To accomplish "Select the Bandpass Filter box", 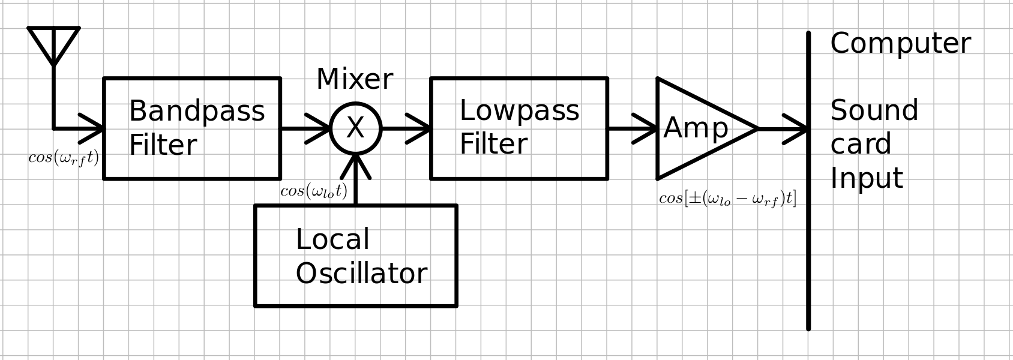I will (192, 128).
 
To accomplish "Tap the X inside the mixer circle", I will (355, 128).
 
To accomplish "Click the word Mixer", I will (354, 79).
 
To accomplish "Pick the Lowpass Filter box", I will (519, 128).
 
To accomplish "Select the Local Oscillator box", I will (356, 256).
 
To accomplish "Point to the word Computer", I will (900, 44).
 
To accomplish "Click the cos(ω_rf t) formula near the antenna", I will (64, 158).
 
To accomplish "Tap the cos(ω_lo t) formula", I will (314, 191).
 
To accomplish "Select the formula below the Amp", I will (727, 199).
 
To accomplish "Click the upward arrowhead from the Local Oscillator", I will (355, 165).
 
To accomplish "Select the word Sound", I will (874, 111).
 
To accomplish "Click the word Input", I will (867, 178).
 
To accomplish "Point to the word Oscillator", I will (361, 274).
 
